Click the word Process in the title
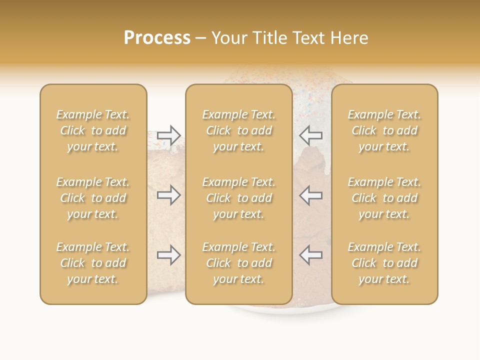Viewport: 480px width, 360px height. point(157,38)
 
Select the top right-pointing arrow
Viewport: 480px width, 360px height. point(169,135)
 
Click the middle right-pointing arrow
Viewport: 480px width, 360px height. point(169,195)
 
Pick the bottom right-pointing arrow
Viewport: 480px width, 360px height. point(169,255)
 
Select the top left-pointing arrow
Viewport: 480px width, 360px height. point(310,135)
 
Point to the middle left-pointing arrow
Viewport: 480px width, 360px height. point(310,195)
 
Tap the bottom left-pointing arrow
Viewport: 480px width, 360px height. point(310,255)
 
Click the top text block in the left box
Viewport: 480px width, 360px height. point(93,130)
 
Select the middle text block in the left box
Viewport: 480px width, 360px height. point(93,198)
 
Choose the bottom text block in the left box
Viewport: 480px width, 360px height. point(93,263)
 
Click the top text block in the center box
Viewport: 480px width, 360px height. point(239,130)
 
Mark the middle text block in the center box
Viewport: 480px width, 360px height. point(239,198)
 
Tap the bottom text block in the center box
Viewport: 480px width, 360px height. point(239,263)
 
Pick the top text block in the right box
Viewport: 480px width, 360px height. point(384,130)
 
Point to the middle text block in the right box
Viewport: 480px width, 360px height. point(384,198)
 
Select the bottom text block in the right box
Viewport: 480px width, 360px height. point(384,263)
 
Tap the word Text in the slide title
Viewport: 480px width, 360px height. point(307,38)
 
